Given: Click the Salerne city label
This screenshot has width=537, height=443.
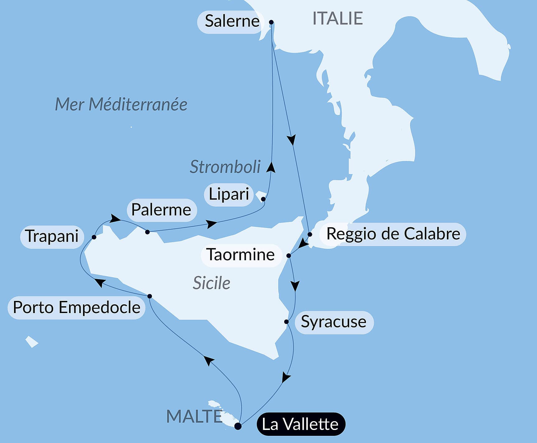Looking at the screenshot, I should (232, 21).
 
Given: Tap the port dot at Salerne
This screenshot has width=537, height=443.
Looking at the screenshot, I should (271, 22).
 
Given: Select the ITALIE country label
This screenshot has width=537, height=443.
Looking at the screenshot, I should (337, 18).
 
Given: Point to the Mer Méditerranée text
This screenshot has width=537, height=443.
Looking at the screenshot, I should (121, 104).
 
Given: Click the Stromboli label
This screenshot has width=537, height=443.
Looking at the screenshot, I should (225, 167).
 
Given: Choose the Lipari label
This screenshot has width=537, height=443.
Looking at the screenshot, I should (229, 194).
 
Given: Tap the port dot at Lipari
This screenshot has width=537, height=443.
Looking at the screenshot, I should (263, 199).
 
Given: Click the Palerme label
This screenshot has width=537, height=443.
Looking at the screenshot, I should (161, 210).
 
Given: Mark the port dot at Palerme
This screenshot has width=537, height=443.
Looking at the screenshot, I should (147, 232).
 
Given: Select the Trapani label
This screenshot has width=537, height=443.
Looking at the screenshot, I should (52, 236).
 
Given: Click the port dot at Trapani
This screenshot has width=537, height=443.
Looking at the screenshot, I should (94, 237).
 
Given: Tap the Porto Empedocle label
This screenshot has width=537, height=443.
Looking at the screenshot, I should (76, 308).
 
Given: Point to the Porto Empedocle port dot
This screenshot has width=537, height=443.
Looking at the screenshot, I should (150, 296).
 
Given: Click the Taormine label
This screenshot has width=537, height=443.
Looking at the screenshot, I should (241, 255).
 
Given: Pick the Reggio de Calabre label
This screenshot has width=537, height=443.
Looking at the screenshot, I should (393, 234).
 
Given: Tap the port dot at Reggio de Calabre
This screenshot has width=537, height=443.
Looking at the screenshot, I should (310, 234).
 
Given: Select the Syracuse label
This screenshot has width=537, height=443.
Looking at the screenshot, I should (334, 322).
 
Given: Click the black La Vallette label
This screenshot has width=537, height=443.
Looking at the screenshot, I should (300, 424).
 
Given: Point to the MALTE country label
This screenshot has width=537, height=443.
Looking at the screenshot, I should (194, 417).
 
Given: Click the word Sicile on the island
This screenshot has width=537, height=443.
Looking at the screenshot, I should (211, 283).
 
